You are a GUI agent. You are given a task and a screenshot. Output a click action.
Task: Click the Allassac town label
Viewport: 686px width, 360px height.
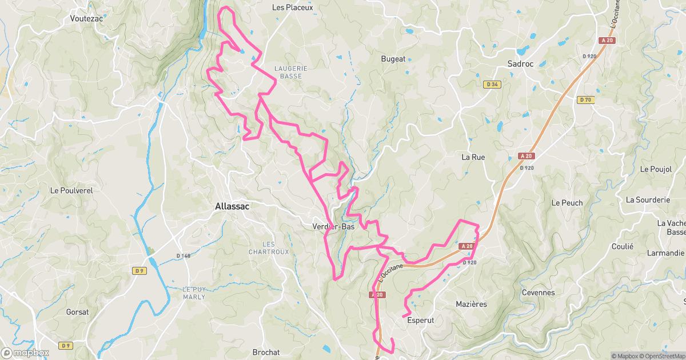232,207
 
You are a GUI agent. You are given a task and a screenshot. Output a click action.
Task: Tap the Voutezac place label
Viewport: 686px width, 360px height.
86,18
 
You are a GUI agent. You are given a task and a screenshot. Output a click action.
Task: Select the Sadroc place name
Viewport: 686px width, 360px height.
520,64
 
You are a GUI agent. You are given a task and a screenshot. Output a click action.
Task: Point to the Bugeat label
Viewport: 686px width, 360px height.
393,59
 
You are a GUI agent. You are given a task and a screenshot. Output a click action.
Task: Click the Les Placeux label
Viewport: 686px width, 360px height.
293,7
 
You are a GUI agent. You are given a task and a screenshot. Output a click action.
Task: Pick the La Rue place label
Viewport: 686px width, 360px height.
473,157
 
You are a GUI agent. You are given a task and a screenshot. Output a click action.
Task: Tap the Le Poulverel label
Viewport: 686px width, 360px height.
71,190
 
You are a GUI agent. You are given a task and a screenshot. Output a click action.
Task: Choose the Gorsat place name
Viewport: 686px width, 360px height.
77,312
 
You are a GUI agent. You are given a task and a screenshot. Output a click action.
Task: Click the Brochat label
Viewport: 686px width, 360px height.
266,352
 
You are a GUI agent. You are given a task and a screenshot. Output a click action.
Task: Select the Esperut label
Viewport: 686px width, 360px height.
421,321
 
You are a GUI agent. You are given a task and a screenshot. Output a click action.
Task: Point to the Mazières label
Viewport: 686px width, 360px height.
472,304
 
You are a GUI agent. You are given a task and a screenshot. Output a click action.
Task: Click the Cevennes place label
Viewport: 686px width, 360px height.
539,293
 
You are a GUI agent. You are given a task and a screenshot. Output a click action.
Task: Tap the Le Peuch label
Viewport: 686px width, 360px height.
567,203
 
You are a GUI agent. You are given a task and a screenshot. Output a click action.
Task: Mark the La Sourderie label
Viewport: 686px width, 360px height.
648,200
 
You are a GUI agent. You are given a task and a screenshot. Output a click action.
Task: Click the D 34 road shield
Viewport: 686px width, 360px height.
492,85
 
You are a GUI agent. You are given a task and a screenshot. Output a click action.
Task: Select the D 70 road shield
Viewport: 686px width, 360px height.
585,100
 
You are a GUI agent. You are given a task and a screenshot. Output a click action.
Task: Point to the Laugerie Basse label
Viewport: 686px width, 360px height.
291,72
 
